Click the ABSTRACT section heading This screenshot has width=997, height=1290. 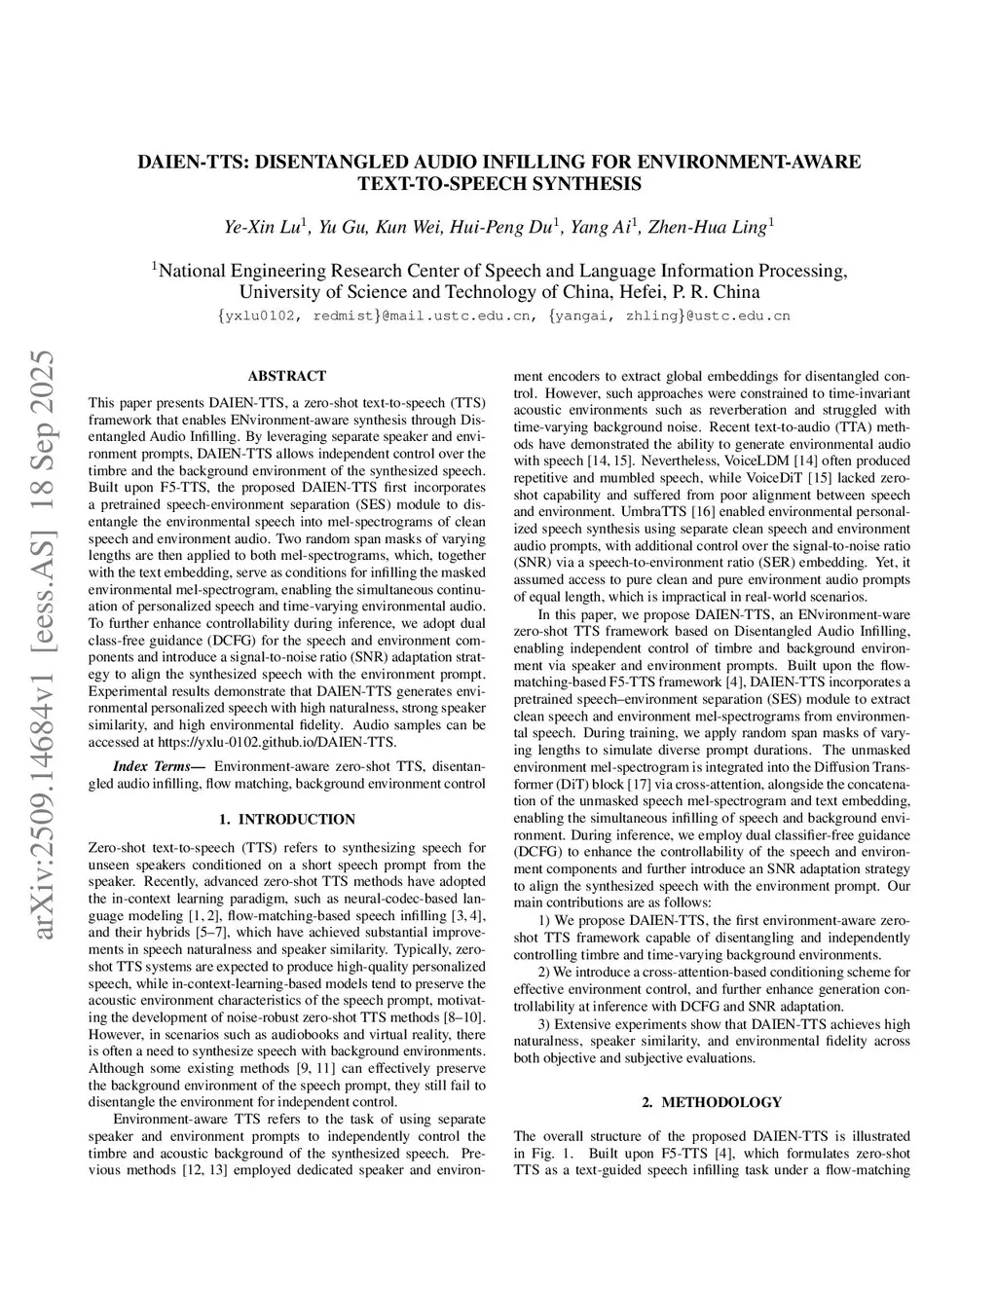click(286, 376)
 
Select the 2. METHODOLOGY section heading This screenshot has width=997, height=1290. click(712, 1102)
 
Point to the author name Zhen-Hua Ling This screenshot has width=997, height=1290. click(709, 228)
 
